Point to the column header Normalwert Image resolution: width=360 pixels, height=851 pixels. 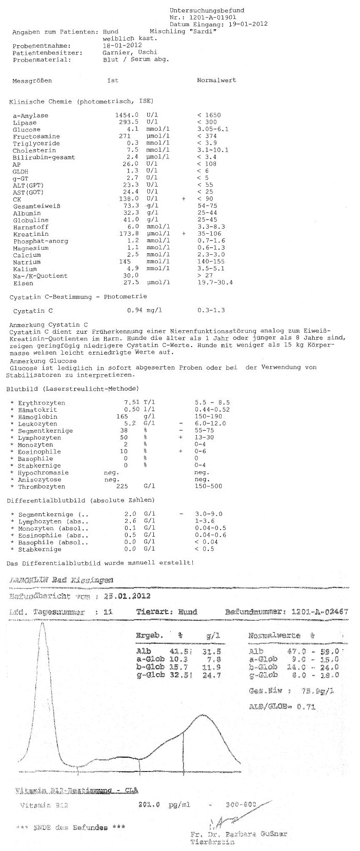tap(216, 80)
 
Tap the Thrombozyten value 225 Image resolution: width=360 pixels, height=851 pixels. tap(122, 486)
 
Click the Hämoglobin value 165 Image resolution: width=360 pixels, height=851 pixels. tap(121, 417)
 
